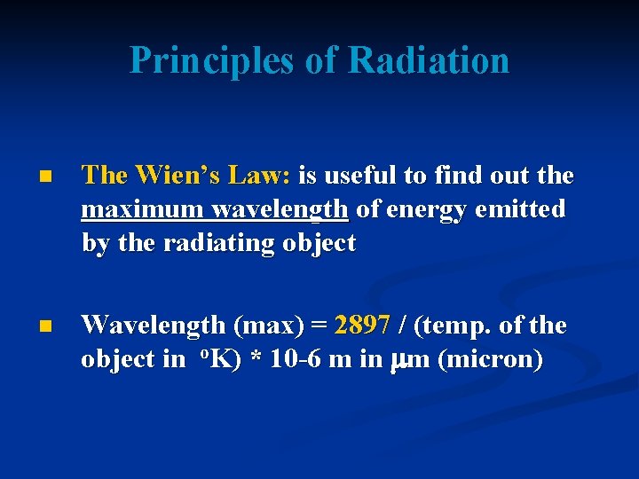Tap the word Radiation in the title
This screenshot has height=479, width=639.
(x=429, y=60)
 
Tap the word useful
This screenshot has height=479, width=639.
(x=364, y=176)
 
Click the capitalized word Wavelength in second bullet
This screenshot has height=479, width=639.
(x=152, y=326)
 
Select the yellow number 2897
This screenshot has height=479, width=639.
(x=362, y=326)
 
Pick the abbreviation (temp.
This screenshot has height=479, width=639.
(x=454, y=326)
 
